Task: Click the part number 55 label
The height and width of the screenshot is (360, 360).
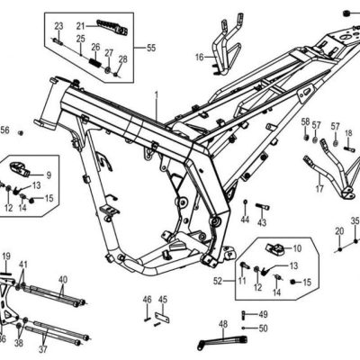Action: click(151, 48)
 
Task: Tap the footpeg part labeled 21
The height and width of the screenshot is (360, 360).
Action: click(112, 27)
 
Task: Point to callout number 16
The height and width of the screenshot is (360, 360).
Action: click(200, 57)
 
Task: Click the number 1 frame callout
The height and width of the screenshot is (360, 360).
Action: click(157, 95)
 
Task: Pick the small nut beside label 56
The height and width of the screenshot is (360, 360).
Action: click(21, 132)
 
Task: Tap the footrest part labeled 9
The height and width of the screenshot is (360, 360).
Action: click(21, 169)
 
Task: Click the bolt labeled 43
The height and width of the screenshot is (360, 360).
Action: click(263, 207)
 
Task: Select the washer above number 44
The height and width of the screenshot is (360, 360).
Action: click(246, 202)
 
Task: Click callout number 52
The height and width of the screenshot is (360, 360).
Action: click(218, 281)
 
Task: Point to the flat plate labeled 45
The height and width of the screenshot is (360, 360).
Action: click(162, 318)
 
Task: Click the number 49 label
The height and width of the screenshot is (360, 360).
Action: click(263, 314)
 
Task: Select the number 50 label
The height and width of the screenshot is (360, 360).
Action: click(263, 328)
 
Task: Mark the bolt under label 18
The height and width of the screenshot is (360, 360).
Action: click(349, 148)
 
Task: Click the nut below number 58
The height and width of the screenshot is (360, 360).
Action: click(306, 138)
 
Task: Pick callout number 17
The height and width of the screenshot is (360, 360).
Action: click(319, 189)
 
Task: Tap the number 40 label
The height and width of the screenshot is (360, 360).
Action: click(63, 280)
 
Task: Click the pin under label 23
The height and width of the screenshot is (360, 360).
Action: click(58, 41)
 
